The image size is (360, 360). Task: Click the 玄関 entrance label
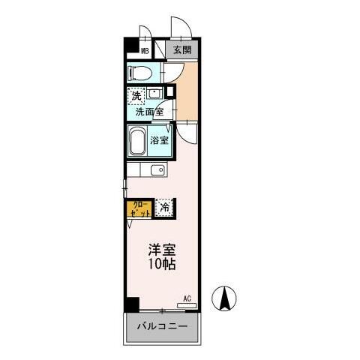click(x=181, y=50)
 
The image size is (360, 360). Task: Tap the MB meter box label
click(x=146, y=52)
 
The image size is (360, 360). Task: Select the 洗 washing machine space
click(x=136, y=95)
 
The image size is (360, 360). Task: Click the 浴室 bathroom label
click(x=160, y=140)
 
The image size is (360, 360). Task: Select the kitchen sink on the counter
click(x=157, y=171)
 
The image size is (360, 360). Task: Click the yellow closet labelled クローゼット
click(x=139, y=208)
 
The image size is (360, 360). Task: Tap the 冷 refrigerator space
click(x=165, y=208)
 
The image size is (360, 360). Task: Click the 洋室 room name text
click(x=163, y=250)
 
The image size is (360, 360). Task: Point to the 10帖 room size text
click(x=163, y=265)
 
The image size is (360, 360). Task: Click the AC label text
click(x=187, y=298)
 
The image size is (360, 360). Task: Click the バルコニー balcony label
click(x=163, y=328)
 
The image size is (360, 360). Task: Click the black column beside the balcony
click(x=132, y=305)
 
